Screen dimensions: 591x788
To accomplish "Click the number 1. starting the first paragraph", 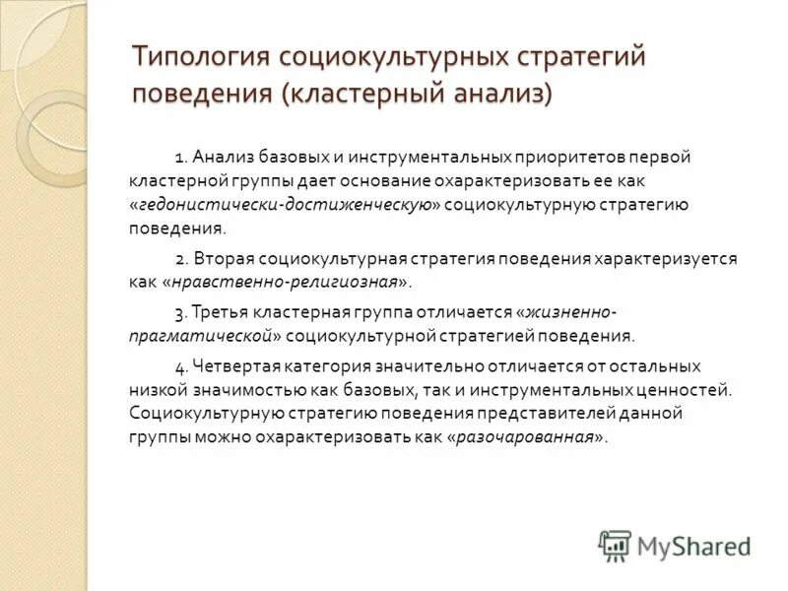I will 181,158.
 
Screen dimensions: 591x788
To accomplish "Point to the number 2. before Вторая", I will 182,259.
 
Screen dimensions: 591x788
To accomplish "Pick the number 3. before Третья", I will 182,312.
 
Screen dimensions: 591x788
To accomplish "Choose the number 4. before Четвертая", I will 182,365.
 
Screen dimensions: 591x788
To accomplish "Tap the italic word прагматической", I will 197,336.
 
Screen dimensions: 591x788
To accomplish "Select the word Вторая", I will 224,259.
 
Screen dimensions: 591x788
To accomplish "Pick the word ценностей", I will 689,389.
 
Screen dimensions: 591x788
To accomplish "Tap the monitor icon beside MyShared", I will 615,544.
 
